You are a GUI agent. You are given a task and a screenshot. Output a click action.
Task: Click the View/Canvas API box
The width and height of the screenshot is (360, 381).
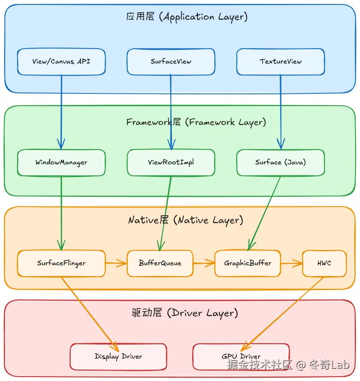61,61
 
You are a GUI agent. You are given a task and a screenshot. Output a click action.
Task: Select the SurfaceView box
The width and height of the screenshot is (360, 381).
171,61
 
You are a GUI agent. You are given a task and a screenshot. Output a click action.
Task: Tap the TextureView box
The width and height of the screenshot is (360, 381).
281,61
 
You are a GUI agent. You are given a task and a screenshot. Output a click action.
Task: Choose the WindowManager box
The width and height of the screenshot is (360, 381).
61,163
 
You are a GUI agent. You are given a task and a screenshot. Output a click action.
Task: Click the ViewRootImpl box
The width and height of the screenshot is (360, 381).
171,163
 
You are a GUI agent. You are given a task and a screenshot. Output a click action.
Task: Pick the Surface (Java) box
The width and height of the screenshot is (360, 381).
281,163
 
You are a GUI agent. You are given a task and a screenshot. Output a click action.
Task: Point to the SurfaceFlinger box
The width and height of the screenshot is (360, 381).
61,263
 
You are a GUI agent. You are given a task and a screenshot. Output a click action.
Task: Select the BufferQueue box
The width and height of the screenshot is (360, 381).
160,263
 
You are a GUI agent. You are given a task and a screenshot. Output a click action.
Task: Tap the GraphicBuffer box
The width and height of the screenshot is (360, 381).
248,263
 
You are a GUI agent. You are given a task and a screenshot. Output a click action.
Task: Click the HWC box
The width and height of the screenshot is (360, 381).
324,263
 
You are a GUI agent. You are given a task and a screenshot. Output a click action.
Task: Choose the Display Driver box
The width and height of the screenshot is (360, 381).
118,356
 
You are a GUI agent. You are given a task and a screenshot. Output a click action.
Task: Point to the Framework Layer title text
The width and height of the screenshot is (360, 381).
196,122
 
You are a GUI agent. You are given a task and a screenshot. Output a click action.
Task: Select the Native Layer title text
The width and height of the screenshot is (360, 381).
185,220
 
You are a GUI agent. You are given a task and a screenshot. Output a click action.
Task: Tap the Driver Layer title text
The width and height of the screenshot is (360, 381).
185,313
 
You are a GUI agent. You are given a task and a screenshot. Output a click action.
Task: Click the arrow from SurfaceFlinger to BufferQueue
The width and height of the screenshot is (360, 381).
116,263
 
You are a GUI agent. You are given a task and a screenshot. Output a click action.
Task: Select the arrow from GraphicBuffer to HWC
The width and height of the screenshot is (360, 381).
292,263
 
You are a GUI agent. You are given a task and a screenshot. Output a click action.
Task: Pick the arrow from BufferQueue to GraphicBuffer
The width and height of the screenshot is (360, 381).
204,263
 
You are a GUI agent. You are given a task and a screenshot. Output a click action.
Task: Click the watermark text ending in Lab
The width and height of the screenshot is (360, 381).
288,365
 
